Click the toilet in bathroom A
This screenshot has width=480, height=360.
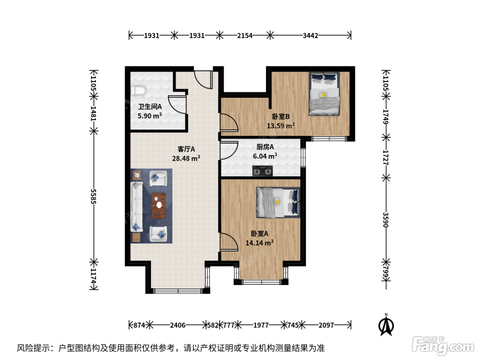(138, 91)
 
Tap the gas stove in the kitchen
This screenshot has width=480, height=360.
(262, 171)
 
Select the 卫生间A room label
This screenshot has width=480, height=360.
(150, 107)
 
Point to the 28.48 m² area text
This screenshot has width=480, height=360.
(186, 158)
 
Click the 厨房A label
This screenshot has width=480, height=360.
(265, 147)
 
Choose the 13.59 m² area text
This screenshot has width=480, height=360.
(281, 125)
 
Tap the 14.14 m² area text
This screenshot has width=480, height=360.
(259, 243)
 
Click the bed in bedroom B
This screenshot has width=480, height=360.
(324, 94)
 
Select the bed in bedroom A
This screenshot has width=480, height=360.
(278, 202)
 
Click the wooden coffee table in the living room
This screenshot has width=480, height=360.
(158, 206)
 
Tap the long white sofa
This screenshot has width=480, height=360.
(136, 206)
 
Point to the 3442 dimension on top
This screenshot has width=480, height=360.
(310, 35)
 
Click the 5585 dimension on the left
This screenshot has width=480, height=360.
(94, 196)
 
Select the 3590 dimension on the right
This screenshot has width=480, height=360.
(386, 220)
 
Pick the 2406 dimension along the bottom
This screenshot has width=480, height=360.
(178, 325)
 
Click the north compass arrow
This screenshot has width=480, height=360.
(386, 326)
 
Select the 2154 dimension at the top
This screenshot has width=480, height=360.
(245, 35)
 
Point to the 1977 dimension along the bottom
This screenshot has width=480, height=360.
(261, 325)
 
